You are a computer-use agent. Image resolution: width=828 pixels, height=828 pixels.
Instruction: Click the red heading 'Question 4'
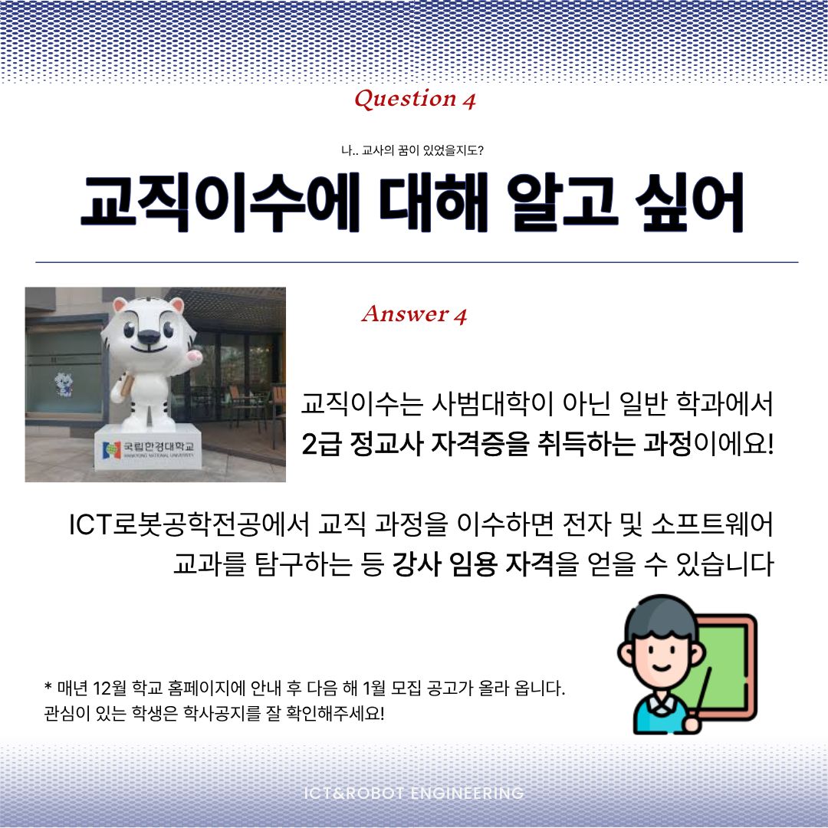415,99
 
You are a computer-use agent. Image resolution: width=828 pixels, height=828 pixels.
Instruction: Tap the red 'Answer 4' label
415,314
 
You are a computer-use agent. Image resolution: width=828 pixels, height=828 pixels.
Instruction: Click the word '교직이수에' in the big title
220,202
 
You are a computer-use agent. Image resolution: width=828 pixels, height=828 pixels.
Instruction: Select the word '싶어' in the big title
689,202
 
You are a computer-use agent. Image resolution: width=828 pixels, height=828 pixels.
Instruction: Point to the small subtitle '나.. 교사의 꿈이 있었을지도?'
412,150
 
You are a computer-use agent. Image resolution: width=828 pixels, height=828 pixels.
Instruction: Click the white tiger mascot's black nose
149,337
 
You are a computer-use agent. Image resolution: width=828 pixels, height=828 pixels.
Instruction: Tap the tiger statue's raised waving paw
194,356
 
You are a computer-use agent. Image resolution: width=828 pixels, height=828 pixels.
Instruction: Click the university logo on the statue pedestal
111,450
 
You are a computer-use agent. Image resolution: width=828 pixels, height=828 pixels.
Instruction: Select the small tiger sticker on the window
64,383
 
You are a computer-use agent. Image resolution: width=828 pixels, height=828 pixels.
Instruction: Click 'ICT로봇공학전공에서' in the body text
189,524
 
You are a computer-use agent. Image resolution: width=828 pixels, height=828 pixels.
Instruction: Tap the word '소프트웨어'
712,524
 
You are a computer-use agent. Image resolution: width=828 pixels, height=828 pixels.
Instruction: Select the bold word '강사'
416,564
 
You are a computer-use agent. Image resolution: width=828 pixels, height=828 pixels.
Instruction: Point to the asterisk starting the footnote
48,686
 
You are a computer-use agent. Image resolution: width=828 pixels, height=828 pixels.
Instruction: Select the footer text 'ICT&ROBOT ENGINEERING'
414,793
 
